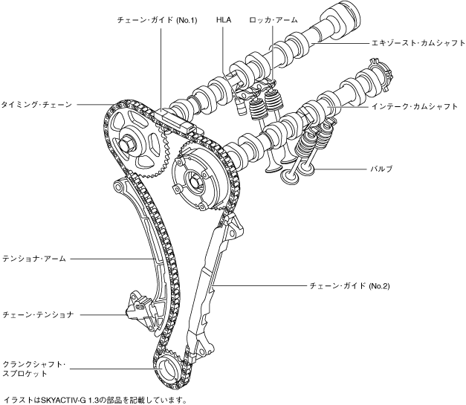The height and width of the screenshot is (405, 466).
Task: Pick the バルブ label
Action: point(381,169)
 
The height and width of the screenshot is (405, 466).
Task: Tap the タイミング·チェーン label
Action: point(36,106)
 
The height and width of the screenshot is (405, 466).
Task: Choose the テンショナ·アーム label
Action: point(35,259)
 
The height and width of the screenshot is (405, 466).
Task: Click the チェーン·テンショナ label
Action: point(38,314)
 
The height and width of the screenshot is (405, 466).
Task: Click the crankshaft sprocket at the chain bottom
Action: point(167,367)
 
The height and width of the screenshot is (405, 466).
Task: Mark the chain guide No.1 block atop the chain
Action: point(176,121)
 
